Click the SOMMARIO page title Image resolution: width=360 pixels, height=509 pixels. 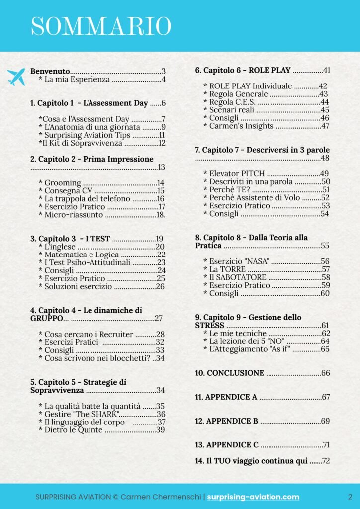click(x=100, y=26)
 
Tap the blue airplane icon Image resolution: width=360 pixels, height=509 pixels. click(x=16, y=77)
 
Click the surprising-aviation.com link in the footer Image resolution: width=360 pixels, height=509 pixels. click(x=253, y=497)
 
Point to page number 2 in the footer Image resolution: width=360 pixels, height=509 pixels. click(x=350, y=497)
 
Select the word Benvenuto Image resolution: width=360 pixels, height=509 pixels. click(x=50, y=71)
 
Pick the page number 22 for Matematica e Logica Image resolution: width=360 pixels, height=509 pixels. click(x=161, y=254)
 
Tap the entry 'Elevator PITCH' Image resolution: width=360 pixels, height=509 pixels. click(x=234, y=173)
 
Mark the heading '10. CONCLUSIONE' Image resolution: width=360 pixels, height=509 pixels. click(x=229, y=373)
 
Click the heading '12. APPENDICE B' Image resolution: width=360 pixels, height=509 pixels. click(x=226, y=421)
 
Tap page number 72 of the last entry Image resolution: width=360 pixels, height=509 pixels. click(x=326, y=461)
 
